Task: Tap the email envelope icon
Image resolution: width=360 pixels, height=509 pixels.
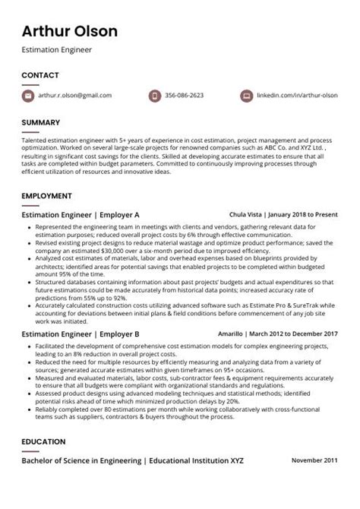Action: click(28, 96)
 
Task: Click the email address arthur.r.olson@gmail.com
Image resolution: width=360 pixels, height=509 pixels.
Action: click(74, 96)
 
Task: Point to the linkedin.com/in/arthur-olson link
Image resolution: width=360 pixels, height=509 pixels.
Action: click(297, 96)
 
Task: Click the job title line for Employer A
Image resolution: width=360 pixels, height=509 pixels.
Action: click(81, 215)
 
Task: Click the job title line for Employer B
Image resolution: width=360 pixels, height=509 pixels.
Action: click(81, 334)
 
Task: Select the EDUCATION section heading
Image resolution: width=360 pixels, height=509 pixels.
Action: click(43, 442)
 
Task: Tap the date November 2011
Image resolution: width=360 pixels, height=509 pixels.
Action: click(315, 461)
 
